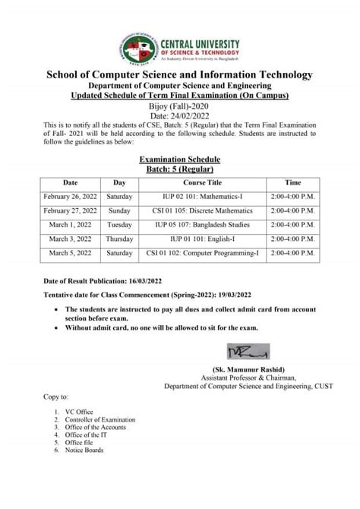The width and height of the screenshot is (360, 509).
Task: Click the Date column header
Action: (x=70, y=183)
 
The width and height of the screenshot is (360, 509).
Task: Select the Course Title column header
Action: (x=202, y=183)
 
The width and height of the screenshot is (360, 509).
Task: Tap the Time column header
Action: (x=292, y=183)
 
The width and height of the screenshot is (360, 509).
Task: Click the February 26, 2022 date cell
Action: (x=70, y=197)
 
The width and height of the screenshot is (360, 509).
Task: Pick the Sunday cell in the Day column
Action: (x=119, y=210)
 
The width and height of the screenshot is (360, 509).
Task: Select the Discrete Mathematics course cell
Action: (x=202, y=210)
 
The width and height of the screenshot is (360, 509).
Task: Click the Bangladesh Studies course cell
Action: (x=202, y=224)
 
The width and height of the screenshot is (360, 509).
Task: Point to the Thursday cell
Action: (x=119, y=238)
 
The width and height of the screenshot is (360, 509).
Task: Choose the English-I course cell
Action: (x=202, y=238)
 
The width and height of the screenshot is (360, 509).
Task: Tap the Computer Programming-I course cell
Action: (x=202, y=251)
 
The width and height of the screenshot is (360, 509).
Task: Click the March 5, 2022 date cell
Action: (x=70, y=251)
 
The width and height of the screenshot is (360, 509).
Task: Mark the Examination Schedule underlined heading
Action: (x=179, y=159)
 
